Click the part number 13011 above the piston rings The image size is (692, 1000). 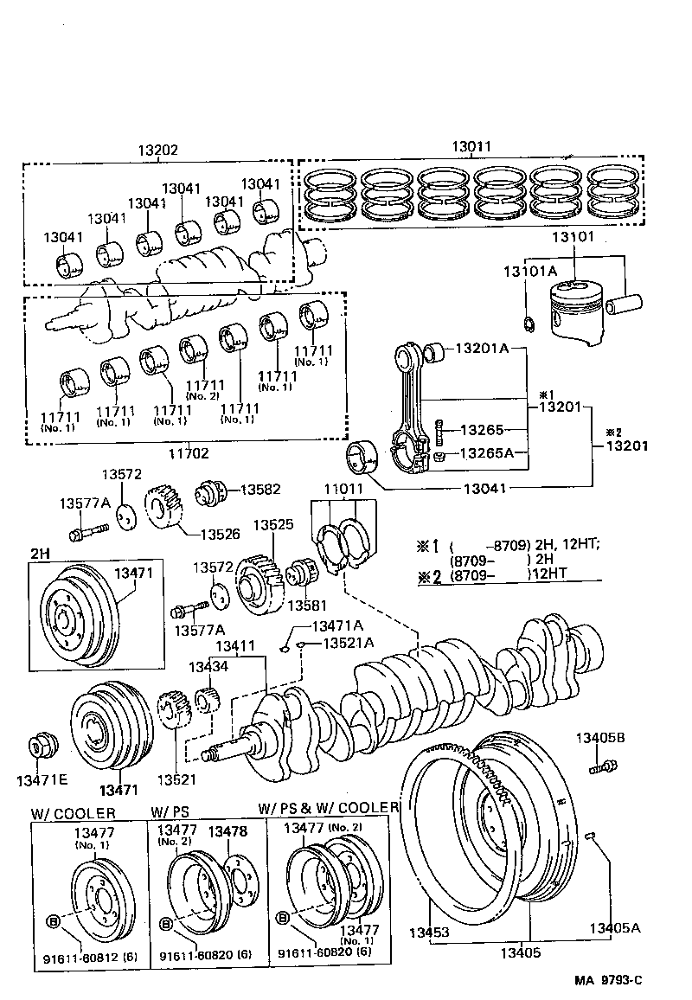(470, 148)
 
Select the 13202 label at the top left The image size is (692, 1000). (157, 150)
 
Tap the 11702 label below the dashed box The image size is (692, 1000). (189, 452)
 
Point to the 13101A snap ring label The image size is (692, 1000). (529, 272)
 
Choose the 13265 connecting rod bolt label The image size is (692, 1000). (480, 429)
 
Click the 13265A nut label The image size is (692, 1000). (485, 453)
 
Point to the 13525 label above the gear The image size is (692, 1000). (273, 524)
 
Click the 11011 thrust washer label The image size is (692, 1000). (345, 489)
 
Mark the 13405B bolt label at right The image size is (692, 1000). (602, 737)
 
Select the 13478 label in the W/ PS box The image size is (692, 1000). (229, 830)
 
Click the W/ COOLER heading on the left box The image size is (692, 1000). (73, 813)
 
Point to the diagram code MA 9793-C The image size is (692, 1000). (610, 980)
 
